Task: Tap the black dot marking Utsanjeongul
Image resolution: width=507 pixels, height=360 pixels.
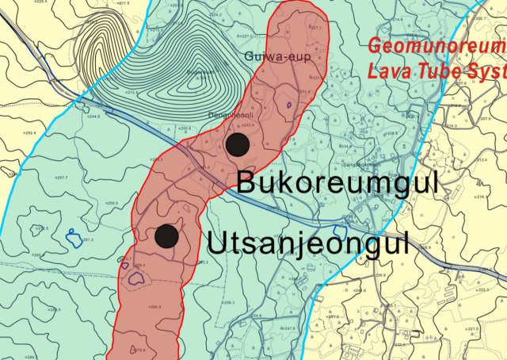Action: coord(166,236)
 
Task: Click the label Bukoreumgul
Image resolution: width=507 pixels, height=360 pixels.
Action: coord(337,183)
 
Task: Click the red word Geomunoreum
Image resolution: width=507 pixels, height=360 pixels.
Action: coord(436,48)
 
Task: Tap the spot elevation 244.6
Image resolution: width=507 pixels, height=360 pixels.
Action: coord(93,116)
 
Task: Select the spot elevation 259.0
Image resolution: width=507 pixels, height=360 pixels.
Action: coord(111,204)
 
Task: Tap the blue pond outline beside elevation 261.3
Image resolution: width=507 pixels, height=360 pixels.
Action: coord(72,235)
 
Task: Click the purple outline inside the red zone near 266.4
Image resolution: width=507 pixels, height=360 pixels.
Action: coord(136,278)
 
